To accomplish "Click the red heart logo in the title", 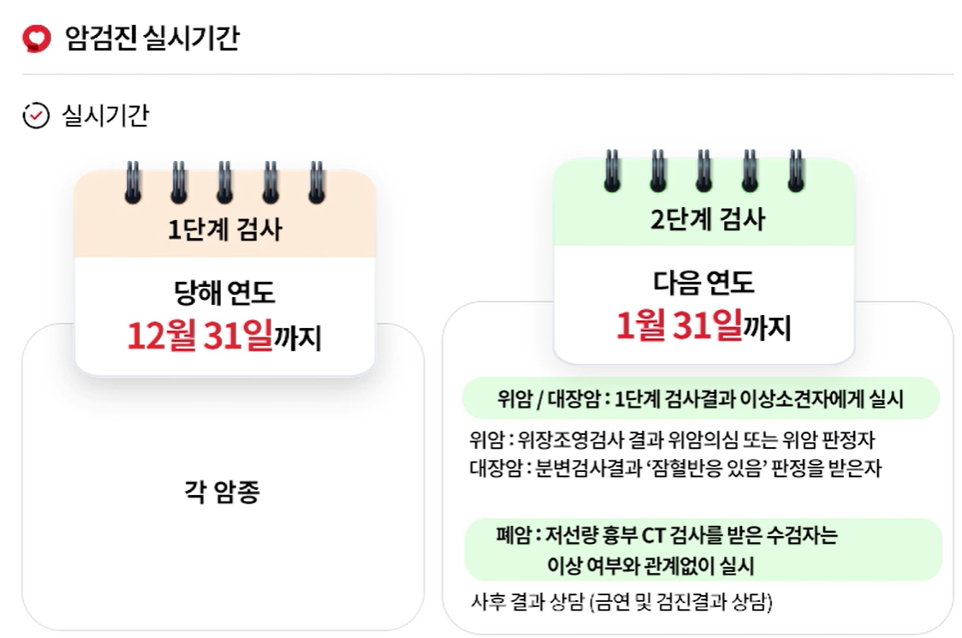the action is click(37, 38).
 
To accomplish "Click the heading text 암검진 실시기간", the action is click(152, 39).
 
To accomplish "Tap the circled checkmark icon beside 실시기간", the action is click(36, 116).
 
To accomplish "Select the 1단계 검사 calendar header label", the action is click(224, 230).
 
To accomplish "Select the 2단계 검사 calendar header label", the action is click(706, 219).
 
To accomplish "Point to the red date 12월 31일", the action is click(200, 337).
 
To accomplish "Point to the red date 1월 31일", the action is click(678, 326).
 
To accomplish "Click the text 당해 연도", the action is click(224, 294).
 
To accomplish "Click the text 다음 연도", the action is click(703, 283).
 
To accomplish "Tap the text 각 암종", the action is click(222, 492).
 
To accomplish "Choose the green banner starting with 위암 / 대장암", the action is click(701, 399).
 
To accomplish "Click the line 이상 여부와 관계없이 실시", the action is click(650, 565).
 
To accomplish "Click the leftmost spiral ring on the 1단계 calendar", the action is click(133, 182).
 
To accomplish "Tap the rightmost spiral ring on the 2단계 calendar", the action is click(796, 170).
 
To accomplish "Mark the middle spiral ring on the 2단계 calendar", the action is click(704, 170).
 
